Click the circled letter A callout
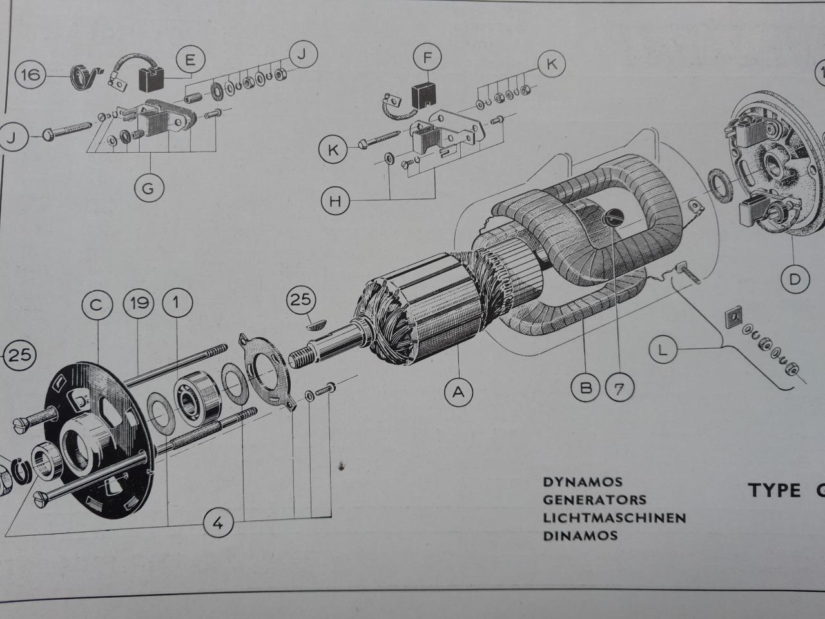click(458, 391)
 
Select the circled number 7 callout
click(619, 387)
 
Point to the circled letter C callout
click(97, 304)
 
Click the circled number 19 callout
click(137, 304)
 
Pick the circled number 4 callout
click(219, 524)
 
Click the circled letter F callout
click(427, 57)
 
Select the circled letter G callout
click(149, 189)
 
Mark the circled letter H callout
click(335, 201)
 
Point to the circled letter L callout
click(665, 350)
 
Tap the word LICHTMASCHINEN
click(614, 517)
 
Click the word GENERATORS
click(594, 499)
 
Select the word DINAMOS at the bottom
click(580, 535)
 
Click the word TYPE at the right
click(775, 490)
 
